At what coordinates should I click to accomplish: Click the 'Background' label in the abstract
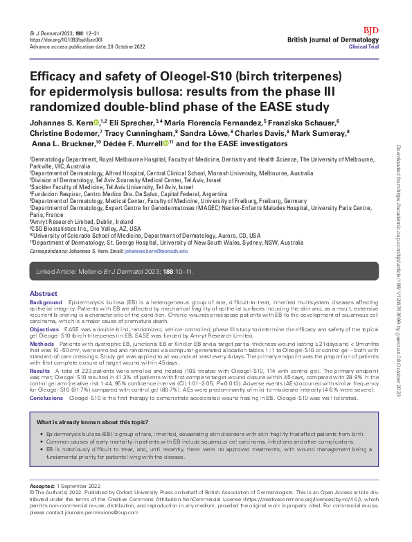(46, 304)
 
